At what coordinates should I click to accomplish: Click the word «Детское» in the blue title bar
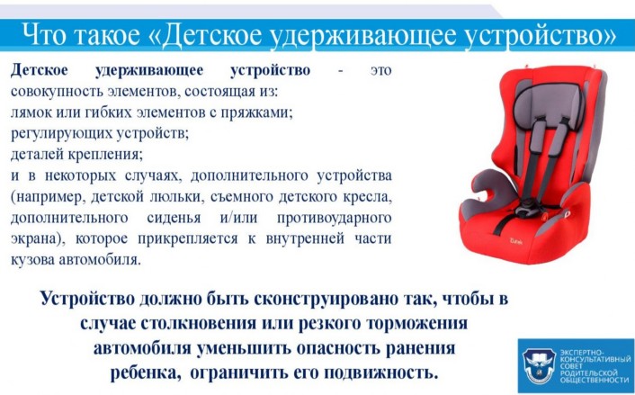(x=211, y=35)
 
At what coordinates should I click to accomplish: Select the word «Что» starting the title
(x=44, y=35)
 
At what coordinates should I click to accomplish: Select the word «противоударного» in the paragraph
(x=334, y=218)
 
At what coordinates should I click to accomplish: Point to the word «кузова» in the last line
(x=32, y=260)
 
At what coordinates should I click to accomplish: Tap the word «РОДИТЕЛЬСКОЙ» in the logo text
(x=588, y=373)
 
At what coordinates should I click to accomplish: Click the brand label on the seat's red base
(x=516, y=241)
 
